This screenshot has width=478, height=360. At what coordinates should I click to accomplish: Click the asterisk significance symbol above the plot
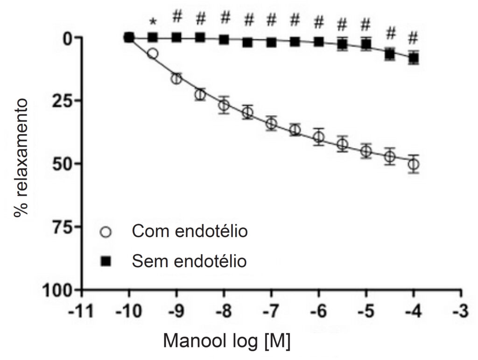pyautogui.click(x=153, y=22)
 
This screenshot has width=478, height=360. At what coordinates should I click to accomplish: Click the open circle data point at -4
pyautogui.click(x=414, y=164)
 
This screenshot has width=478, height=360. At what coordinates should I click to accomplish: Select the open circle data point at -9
pyautogui.click(x=176, y=79)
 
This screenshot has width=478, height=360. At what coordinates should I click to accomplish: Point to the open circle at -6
pyautogui.click(x=318, y=136)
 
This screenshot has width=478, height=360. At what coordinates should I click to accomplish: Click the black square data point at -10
pyautogui.click(x=129, y=37)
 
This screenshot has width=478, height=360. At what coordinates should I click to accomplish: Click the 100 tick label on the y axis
pyautogui.click(x=57, y=289)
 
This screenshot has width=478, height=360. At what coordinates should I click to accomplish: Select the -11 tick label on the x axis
pyautogui.click(x=80, y=311)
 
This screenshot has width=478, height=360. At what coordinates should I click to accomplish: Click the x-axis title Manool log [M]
pyautogui.click(x=227, y=341)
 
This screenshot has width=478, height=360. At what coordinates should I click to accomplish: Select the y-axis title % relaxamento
pyautogui.click(x=21, y=158)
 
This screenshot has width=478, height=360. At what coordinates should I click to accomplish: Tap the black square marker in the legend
pyautogui.click(x=106, y=261)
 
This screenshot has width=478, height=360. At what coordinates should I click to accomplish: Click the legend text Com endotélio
pyautogui.click(x=190, y=231)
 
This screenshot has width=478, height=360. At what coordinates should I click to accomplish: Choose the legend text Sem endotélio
pyautogui.click(x=189, y=261)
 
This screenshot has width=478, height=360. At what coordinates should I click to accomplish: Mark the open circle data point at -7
pyautogui.click(x=271, y=123)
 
